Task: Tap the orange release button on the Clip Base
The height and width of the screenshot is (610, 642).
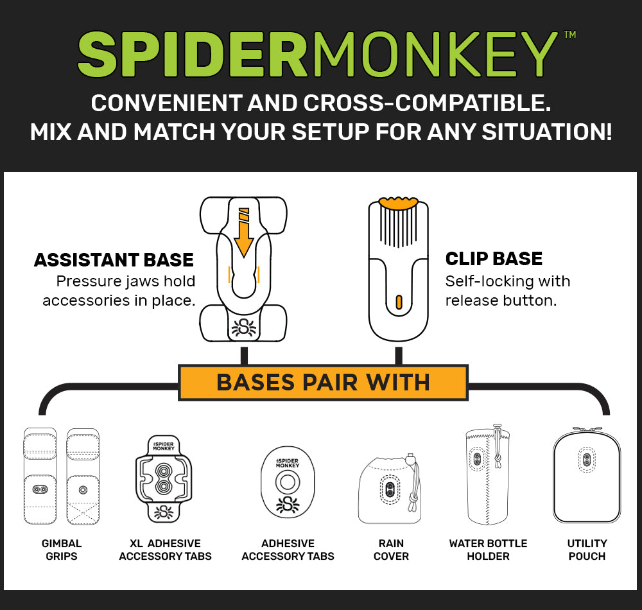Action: (x=399, y=302)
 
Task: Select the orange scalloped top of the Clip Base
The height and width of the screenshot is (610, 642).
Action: (x=399, y=203)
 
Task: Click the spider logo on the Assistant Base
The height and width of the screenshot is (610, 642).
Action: (x=243, y=327)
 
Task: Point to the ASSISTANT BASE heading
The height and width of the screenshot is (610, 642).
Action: (x=114, y=260)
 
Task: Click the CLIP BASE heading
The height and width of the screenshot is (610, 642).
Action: (x=494, y=259)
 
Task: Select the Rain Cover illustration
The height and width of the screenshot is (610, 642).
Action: (x=390, y=489)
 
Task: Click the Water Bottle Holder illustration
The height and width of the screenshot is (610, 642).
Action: (x=488, y=475)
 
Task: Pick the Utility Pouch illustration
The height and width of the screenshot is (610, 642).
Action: (x=587, y=476)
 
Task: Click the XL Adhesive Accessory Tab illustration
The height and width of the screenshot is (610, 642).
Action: (x=164, y=478)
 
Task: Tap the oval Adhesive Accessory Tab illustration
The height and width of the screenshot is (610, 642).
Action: (x=288, y=482)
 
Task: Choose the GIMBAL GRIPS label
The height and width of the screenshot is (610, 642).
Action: (x=62, y=550)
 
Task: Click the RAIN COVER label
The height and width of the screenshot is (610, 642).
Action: (x=391, y=550)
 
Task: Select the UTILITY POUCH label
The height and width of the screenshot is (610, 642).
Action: (x=587, y=550)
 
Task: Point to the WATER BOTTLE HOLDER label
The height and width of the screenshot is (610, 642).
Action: (x=488, y=550)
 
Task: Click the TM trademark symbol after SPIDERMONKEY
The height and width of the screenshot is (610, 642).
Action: (x=570, y=35)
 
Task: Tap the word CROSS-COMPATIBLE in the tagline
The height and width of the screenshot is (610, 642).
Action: (x=427, y=103)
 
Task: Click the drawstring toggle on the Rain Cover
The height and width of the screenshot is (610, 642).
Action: (x=411, y=458)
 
